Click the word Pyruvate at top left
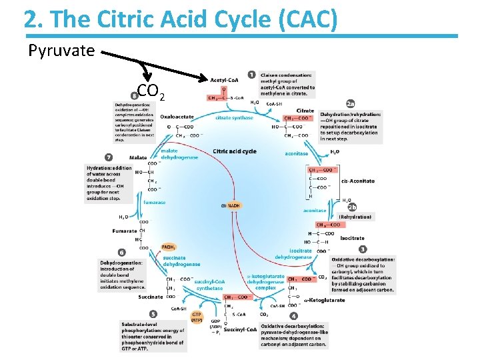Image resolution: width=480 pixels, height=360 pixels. pyautogui.click(x=61, y=51)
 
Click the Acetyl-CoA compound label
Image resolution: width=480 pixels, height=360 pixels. pyautogui.click(x=226, y=80)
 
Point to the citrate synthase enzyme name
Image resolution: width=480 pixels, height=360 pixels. pyautogui.click(x=234, y=118)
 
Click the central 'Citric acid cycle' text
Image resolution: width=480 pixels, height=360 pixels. pyautogui.click(x=235, y=151)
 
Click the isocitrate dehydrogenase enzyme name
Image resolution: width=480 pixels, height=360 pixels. pyautogui.click(x=293, y=253)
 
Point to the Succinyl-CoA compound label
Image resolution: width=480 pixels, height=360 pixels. pyautogui.click(x=240, y=329)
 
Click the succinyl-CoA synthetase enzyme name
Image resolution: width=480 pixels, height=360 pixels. pyautogui.click(x=209, y=285)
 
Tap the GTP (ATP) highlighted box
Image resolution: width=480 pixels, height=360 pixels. pyautogui.click(x=197, y=317)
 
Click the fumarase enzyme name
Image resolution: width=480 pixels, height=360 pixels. pyautogui.click(x=154, y=202)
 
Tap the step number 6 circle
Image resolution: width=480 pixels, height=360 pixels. pyautogui.click(x=121, y=253)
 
